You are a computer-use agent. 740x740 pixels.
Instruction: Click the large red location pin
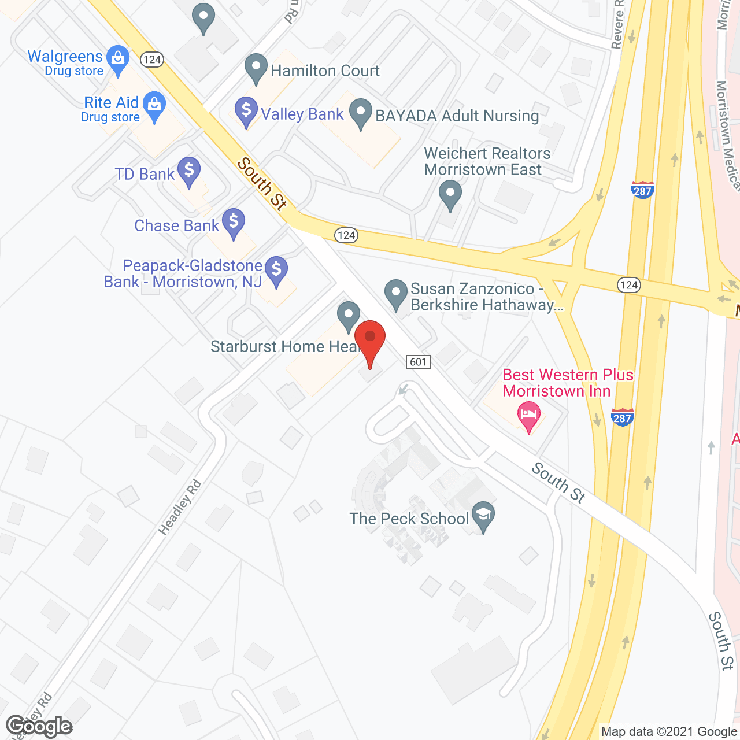click(x=370, y=338)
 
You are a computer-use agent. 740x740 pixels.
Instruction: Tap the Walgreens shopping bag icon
click(x=119, y=58)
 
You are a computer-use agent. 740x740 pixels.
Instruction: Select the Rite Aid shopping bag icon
click(x=154, y=105)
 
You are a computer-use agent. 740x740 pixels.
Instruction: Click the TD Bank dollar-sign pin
click(x=189, y=171)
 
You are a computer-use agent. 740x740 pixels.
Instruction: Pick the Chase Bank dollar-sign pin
click(x=234, y=221)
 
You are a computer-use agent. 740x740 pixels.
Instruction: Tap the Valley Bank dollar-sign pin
click(x=246, y=110)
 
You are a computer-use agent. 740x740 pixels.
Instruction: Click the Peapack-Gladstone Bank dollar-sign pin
click(x=276, y=270)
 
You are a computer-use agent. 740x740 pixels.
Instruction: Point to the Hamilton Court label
click(x=325, y=71)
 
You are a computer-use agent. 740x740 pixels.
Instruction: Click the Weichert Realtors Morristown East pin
click(x=450, y=194)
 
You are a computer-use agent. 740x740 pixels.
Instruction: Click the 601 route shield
click(x=418, y=362)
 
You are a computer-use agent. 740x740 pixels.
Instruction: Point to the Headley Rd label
click(x=180, y=507)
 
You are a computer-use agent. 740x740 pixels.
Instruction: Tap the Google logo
click(x=39, y=726)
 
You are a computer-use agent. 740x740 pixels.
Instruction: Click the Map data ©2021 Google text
click(x=669, y=731)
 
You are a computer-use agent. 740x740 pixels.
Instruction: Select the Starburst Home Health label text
click(x=284, y=346)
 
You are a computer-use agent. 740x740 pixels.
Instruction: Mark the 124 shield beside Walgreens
click(x=152, y=60)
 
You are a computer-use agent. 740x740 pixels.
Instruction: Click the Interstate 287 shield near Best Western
click(x=622, y=417)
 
